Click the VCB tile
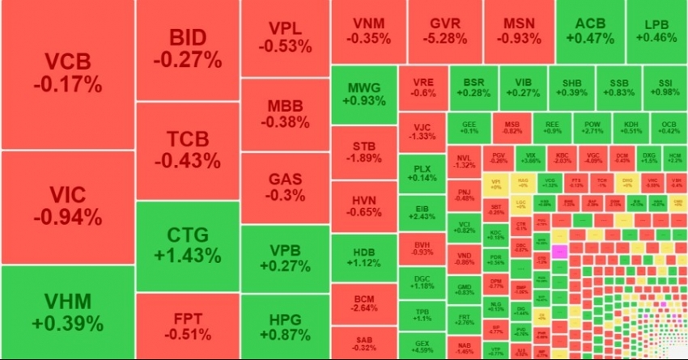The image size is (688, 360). [x=67, y=73]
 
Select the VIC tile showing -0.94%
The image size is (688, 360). [x=67, y=206]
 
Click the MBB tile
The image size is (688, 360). [x=285, y=113]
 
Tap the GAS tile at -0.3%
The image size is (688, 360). [x=285, y=186]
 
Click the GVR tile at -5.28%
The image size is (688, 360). [x=446, y=31]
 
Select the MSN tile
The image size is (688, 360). [x=519, y=31]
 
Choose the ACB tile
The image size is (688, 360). [x=589, y=31]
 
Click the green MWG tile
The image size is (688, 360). [x=363, y=95]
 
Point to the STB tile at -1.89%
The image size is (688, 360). [x=363, y=151]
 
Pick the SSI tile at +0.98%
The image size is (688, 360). [x=666, y=87]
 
